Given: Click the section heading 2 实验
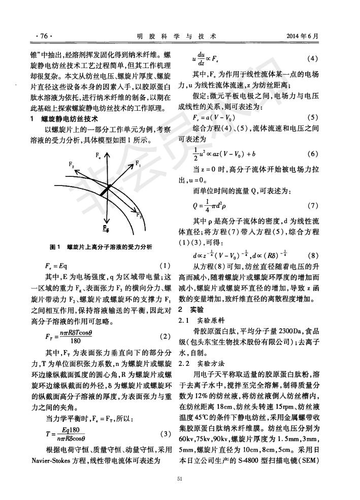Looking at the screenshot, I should pyautogui.click(x=191, y=308).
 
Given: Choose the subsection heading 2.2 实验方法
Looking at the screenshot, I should pyautogui.click(x=204, y=363).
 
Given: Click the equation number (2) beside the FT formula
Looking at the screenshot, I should pyautogui.click(x=165, y=336).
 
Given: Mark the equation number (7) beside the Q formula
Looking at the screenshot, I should pyautogui.click(x=313, y=206).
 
